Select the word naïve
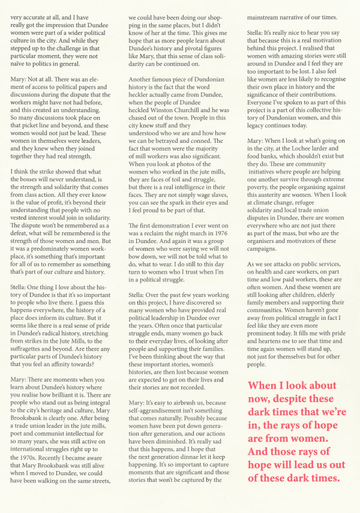(22, 62)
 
